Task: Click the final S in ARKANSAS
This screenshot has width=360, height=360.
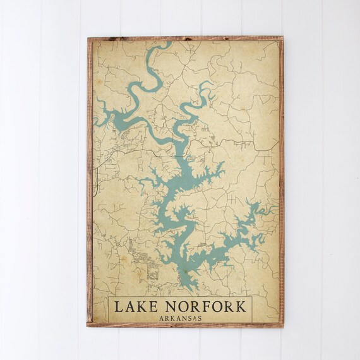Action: click(x=200, y=318)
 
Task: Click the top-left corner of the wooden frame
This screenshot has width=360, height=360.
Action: click(x=88, y=39)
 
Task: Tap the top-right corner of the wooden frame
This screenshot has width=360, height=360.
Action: click(x=283, y=39)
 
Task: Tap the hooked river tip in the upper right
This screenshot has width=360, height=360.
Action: click(x=208, y=83)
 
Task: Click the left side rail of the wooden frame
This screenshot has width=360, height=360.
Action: click(x=90, y=183)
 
